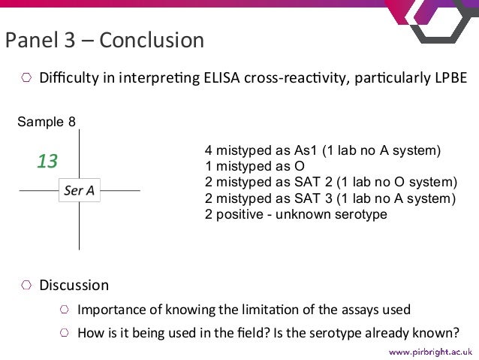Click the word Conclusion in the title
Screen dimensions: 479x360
point(151,40)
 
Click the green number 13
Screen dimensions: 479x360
point(47,161)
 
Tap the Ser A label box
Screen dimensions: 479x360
point(80,191)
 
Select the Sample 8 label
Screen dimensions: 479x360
point(47,122)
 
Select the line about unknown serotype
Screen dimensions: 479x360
point(296,215)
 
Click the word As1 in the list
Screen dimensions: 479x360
point(308,150)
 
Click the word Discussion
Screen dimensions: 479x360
point(74,286)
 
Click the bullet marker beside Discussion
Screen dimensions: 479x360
point(26,286)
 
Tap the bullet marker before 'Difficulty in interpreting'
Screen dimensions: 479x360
point(26,78)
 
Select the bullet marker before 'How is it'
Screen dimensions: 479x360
point(65,334)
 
